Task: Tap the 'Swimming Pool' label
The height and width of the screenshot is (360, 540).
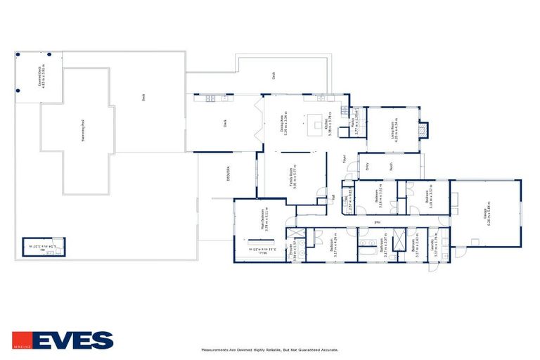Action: (84, 131)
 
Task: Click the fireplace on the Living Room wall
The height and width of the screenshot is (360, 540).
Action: (422, 131)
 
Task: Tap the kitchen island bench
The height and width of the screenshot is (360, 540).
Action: (317, 125)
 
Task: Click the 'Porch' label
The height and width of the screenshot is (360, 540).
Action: (392, 166)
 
